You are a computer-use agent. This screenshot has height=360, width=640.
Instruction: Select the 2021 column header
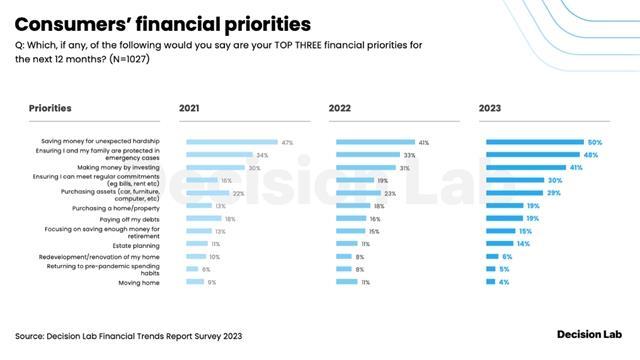(190, 107)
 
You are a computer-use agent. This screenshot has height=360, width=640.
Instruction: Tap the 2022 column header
(340, 107)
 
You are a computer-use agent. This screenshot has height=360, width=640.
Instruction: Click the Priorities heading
(50, 107)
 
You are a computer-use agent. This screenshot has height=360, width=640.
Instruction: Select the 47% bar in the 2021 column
(231, 143)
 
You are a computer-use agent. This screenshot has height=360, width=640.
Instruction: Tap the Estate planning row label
(133, 243)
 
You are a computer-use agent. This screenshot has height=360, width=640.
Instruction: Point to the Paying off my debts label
(124, 218)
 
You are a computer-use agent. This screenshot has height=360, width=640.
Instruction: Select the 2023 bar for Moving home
(490, 282)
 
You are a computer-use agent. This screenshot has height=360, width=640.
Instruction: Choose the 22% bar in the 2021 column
(207, 193)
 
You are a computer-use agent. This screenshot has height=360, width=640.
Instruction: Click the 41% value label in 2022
(424, 143)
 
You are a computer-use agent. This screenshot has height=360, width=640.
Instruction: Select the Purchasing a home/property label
(119, 206)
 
